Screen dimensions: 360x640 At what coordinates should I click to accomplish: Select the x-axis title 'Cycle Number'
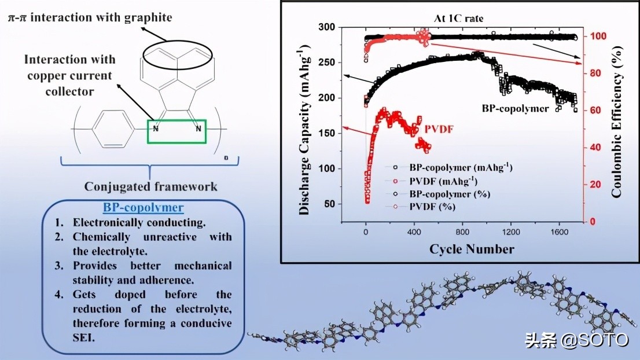471,249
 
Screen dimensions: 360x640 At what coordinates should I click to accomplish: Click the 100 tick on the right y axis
598,36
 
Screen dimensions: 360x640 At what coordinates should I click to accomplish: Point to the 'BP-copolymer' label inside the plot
515,108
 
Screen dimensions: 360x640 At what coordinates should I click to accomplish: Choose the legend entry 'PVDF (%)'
432,207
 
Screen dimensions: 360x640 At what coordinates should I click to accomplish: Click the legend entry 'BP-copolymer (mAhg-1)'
461,167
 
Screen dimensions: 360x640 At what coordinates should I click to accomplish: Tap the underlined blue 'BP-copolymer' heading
143,207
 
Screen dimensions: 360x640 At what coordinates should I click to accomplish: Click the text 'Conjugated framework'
151,186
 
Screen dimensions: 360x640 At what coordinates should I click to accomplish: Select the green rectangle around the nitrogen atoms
176,131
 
